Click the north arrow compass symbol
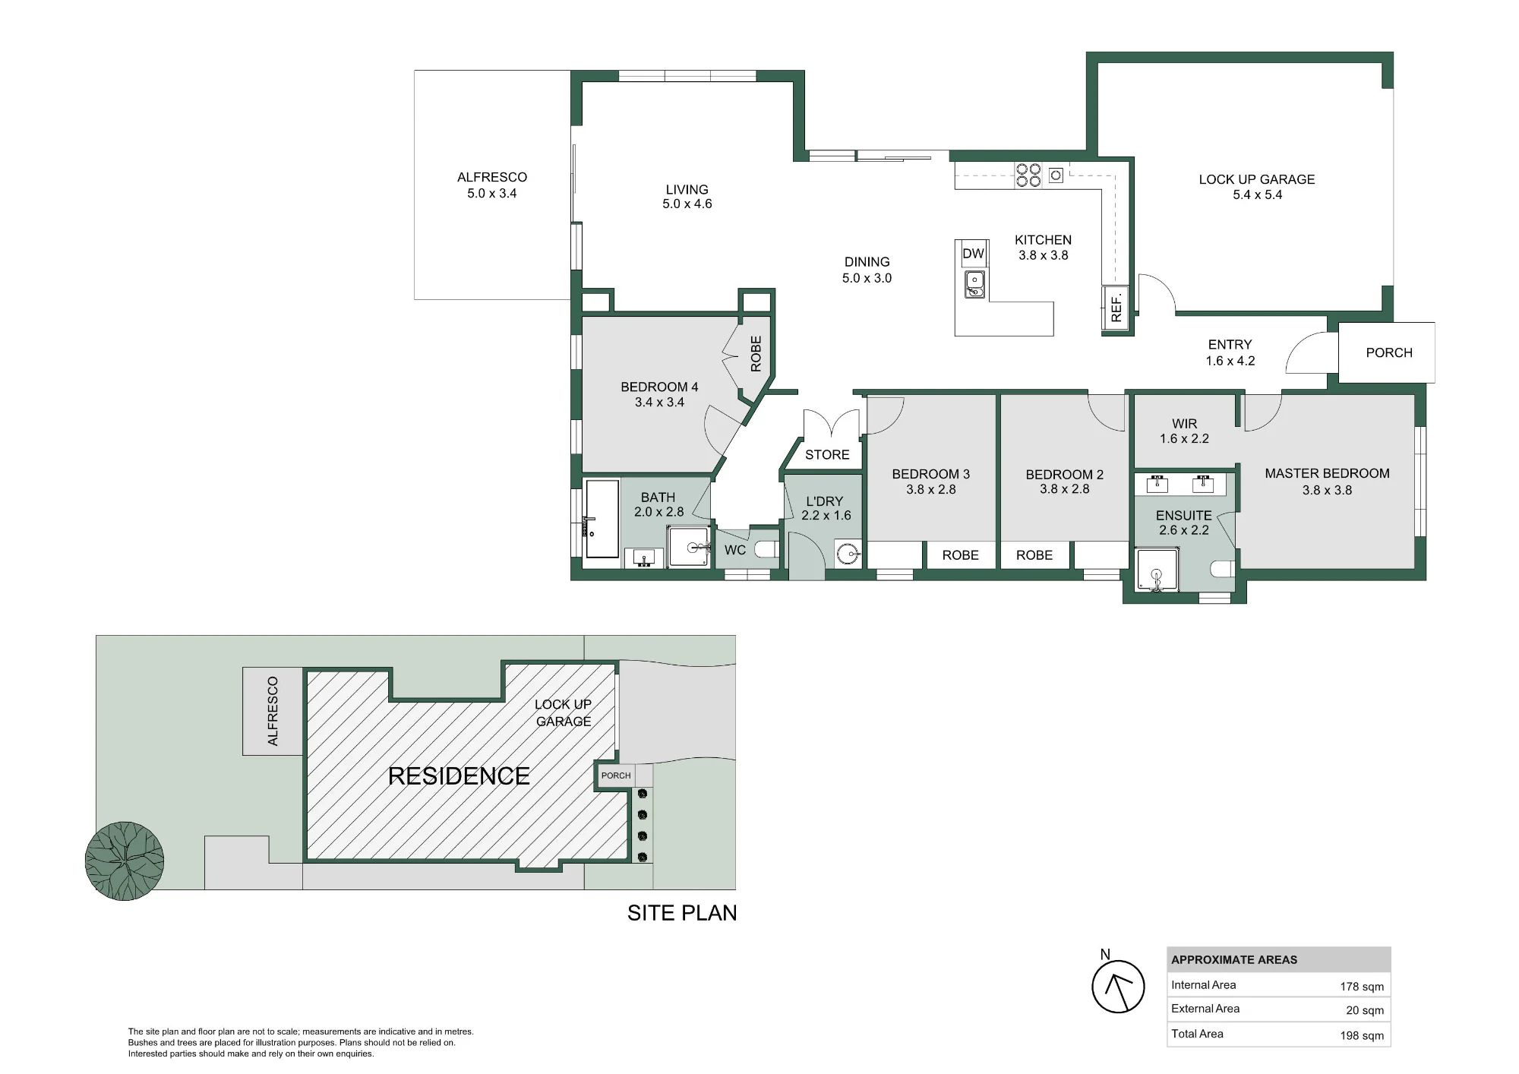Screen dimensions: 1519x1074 point(1118,986)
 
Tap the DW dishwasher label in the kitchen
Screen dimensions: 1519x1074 point(973,254)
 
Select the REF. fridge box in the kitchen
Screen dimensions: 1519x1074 point(1115,310)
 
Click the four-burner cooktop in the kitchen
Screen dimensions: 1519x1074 point(1028,175)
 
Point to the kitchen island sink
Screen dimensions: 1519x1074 point(974,285)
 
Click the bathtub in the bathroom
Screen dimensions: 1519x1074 point(602,519)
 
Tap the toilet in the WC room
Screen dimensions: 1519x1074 point(766,549)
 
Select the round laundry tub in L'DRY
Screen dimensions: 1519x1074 point(848,553)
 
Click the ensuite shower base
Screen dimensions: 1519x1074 point(1156,570)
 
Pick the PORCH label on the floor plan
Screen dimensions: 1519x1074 point(1389,352)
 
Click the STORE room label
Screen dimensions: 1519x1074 point(827,455)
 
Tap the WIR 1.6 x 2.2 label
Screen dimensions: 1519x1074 point(1184,431)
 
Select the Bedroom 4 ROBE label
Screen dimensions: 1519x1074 point(756,354)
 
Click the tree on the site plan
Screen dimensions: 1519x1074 point(125,861)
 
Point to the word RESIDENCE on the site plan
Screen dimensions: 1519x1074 point(459,775)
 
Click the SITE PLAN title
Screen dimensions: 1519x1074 point(682,912)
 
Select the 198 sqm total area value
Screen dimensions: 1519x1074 point(1362,1035)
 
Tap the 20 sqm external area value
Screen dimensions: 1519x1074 point(1365,1010)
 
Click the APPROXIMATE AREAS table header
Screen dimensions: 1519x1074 point(1234,959)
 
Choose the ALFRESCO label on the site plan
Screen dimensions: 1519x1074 point(273,711)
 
